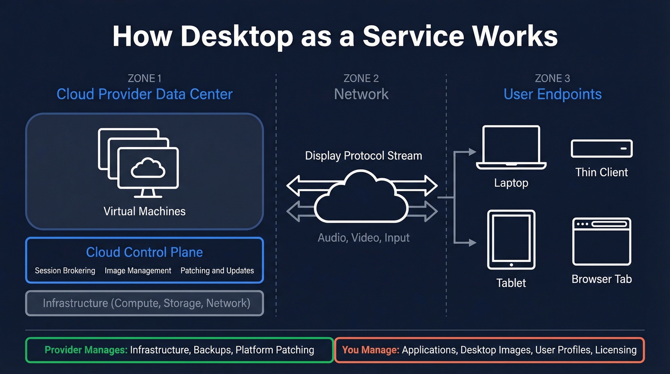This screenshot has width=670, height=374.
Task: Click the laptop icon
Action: point(511,147)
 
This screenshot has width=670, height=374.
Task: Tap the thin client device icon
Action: point(602,148)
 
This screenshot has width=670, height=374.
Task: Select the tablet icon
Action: point(511,239)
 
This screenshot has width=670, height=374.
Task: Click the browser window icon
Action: point(602,241)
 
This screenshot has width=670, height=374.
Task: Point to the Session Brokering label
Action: point(65,271)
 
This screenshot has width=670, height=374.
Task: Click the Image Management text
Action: point(138,271)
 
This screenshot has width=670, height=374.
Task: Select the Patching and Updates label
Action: point(217,271)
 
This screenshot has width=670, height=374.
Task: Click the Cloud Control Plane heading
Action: point(144,252)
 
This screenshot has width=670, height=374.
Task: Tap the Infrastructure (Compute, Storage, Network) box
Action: point(145,303)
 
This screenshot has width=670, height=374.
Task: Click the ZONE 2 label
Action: point(361,78)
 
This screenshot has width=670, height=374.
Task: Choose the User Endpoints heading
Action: point(552,94)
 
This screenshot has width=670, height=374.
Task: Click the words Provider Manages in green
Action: point(86,350)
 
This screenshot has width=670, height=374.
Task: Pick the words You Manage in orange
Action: point(370,350)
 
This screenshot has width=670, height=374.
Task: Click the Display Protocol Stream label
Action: point(363,156)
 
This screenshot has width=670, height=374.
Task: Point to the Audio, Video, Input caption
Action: point(363,238)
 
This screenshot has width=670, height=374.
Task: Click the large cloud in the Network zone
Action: point(361,199)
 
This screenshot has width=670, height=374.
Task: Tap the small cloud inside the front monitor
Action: point(148,169)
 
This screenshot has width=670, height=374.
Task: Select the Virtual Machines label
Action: point(144,211)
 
